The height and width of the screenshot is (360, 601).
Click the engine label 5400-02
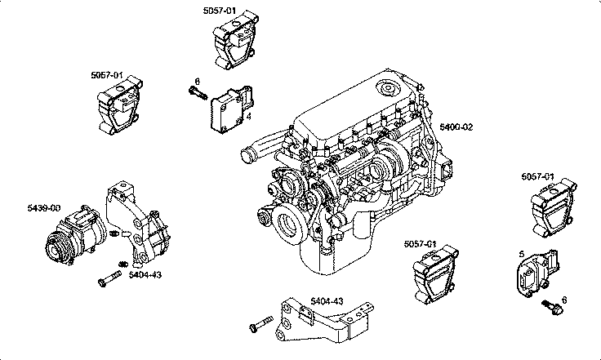tap(456, 127)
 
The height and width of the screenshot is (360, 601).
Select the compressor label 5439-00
tap(43, 209)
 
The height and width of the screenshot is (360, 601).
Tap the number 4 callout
tap(248, 118)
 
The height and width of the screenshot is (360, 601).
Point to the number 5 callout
tap(521, 254)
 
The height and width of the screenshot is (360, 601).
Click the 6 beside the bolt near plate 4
tap(197, 81)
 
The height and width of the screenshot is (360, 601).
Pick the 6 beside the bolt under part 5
tap(563, 300)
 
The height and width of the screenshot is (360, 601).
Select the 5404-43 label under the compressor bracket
tap(145, 274)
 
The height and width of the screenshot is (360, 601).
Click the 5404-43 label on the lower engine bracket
tap(326, 301)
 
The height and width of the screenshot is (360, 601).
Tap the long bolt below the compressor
tap(107, 282)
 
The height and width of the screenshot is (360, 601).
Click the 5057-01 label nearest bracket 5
tap(538, 177)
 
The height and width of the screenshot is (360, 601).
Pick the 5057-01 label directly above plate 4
tap(220, 10)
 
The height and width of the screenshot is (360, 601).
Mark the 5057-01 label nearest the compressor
tap(107, 75)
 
